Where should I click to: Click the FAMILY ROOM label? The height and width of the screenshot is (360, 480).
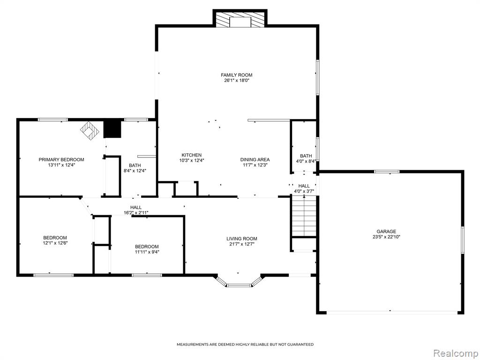237,75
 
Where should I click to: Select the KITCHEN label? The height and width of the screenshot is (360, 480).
192,155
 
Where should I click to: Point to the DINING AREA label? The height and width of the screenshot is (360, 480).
255,159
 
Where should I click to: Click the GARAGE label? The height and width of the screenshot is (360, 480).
386,232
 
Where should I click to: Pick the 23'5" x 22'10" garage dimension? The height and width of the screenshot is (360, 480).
386,237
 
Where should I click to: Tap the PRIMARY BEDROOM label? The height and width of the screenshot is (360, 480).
61,159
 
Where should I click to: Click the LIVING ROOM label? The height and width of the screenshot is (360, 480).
242,239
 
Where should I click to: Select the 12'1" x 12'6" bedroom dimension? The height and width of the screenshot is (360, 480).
55,243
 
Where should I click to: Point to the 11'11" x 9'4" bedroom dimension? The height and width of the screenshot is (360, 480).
147,252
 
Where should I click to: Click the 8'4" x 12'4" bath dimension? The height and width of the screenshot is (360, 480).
135,171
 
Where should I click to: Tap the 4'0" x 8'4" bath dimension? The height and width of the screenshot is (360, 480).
306,161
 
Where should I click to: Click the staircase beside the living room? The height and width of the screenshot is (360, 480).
304,217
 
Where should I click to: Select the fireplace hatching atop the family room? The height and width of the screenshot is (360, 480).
240,20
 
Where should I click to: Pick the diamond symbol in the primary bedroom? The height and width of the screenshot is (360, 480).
90,131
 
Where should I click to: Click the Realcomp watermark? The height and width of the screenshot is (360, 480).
456,353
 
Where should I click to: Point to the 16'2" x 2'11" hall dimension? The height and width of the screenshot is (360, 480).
136,213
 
